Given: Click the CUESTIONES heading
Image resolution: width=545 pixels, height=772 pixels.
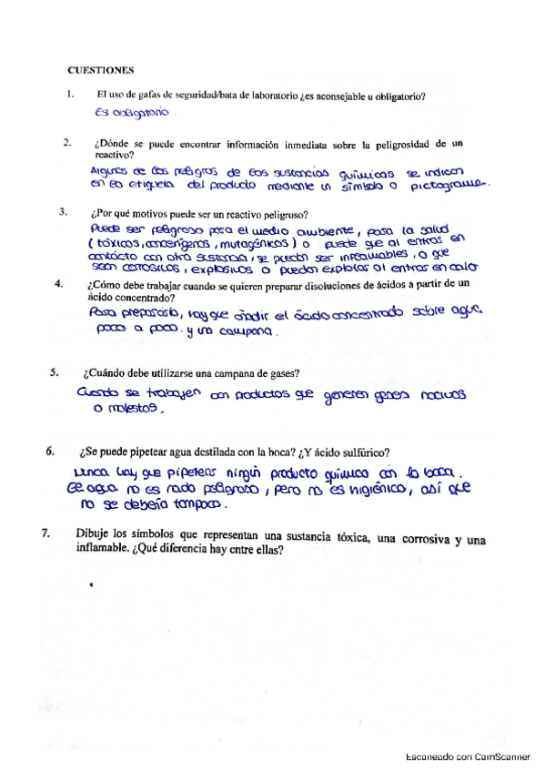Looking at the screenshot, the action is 101,69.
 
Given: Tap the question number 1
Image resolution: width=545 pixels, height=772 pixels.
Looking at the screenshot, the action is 69,96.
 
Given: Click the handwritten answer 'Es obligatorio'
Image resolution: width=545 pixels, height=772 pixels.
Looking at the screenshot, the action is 132,115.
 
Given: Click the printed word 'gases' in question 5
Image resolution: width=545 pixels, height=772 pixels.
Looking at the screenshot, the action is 273,371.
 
